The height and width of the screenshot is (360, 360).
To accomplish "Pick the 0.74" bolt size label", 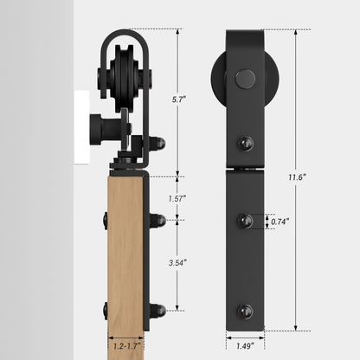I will point(279,222).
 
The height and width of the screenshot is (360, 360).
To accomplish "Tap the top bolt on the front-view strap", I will point(245,142).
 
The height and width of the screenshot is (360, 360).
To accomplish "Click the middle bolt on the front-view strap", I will point(245,222).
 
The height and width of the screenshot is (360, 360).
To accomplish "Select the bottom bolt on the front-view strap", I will point(245,310).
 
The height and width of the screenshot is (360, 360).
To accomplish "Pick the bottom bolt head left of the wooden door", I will point(104,309).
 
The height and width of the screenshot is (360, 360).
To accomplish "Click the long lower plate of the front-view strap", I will point(245,251).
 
